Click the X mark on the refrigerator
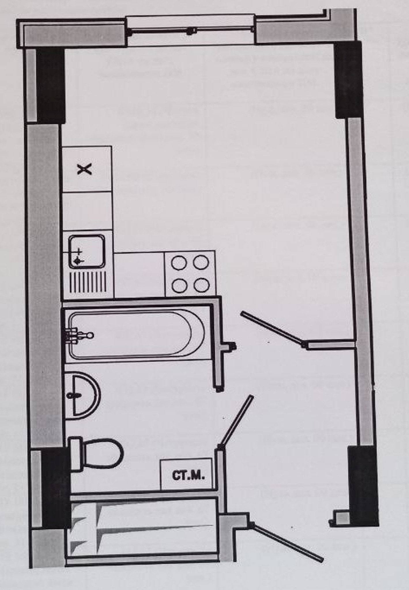coord(84,169)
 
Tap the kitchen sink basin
coord(86,251)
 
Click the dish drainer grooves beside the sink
coord(88,282)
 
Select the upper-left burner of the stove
coord(179,263)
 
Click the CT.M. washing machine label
coord(188,475)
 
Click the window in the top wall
coord(191,31)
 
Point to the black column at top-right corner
coord(348,79)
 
